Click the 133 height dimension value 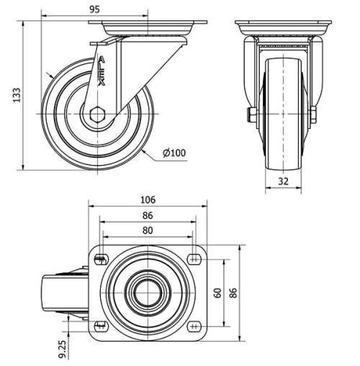16,96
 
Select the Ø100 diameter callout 175,153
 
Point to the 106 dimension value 148,200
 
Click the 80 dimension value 148,231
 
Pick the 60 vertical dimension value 218,293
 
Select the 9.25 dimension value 63,348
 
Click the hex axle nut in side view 98,114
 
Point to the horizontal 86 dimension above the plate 148,215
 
